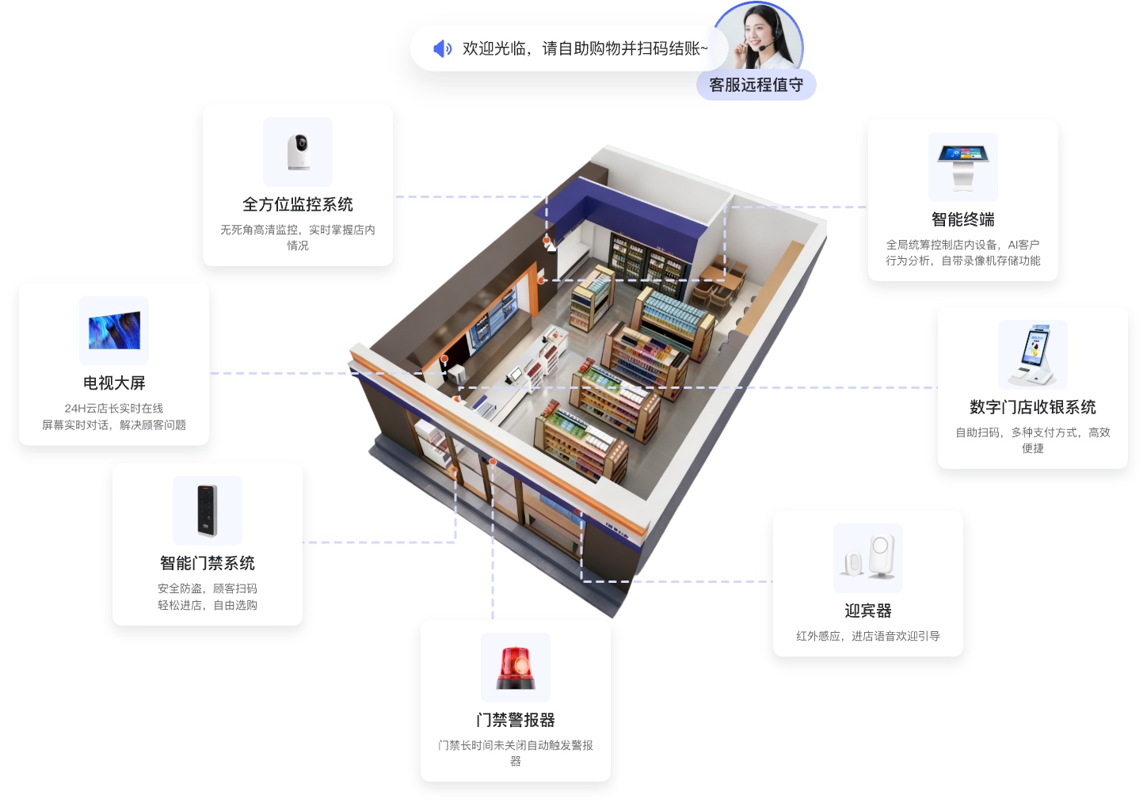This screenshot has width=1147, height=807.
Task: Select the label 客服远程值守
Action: tap(756, 85)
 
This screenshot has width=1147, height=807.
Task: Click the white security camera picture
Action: tap(298, 152)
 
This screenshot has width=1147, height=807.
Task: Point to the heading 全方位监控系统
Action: tap(298, 204)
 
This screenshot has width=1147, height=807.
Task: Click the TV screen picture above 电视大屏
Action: tap(114, 331)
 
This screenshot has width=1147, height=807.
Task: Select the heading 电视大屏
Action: tap(114, 383)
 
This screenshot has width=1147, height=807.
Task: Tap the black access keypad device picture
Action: tap(207, 510)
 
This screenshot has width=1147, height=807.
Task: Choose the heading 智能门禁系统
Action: tap(208, 563)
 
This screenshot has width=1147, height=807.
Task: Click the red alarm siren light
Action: tap(516, 668)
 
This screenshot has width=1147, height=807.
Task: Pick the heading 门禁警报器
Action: tap(516, 720)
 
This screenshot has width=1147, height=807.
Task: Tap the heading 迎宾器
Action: tap(868, 611)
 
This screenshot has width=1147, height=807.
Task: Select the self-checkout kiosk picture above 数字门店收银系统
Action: tap(1032, 355)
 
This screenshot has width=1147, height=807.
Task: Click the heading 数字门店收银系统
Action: tap(1033, 407)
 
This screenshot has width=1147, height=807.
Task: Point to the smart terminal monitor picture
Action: tap(963, 166)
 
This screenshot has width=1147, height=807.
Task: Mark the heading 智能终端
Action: tap(963, 219)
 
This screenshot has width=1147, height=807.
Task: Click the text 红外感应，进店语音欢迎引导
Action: tap(868, 636)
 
